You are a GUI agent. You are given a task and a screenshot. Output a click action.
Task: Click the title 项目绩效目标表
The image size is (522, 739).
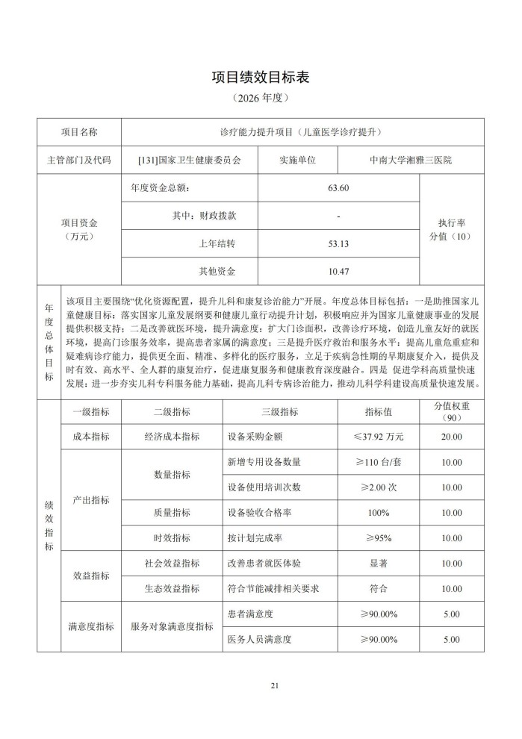[x=261, y=77]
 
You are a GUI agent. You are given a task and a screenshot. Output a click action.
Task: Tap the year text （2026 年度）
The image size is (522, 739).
[x=261, y=98]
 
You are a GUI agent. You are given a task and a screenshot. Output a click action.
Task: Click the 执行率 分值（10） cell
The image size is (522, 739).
[x=451, y=229]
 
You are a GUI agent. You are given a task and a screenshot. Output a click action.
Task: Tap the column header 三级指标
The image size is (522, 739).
[x=280, y=411]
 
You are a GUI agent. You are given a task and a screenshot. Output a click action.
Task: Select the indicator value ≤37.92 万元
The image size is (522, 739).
[x=378, y=437]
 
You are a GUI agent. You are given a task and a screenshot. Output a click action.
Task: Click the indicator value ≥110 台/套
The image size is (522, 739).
[x=378, y=463]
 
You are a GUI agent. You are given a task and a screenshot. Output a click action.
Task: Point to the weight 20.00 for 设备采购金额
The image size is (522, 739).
[x=451, y=437]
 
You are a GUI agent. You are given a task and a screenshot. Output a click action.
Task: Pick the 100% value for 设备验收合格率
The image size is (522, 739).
[x=378, y=513]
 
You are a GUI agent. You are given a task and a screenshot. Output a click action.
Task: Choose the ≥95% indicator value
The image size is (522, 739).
[x=378, y=538]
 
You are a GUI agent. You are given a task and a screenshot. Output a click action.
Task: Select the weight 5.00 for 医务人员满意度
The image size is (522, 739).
[x=451, y=640]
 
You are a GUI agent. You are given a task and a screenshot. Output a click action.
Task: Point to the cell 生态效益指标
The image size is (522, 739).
[x=172, y=589]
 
